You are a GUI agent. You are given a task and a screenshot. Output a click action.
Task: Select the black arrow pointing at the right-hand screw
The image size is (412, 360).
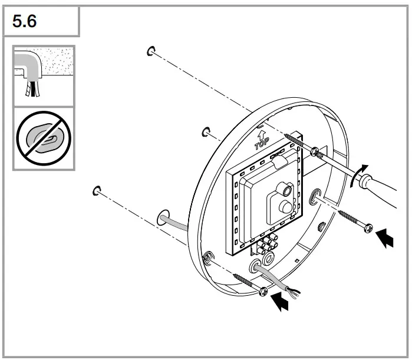click(x=385, y=239)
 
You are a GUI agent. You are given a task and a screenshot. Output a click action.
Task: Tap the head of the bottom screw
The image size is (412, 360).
click(x=263, y=291)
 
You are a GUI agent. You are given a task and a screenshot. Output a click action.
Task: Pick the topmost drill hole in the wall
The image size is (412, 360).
click(x=151, y=51)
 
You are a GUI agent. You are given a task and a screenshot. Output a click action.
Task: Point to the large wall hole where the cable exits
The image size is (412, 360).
click(x=164, y=219)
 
